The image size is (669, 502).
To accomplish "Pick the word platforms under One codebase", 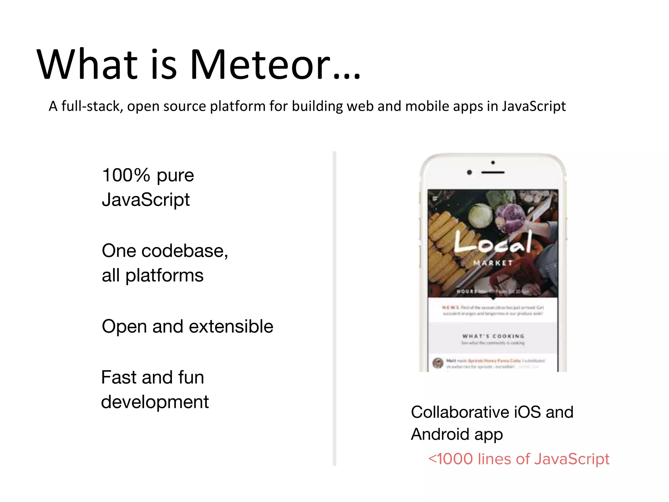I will pos(164,276).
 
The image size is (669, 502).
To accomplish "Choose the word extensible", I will pos(231,326).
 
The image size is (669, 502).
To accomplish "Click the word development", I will pos(155,402).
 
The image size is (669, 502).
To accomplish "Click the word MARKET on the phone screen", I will pos(493,263).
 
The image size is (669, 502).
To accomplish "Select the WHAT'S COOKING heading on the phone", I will pos(493,336).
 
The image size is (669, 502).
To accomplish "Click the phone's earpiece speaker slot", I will pos(493,172).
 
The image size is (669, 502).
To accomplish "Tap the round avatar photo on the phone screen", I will pos(438,363).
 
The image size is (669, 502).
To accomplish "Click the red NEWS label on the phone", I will pos(450,308).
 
